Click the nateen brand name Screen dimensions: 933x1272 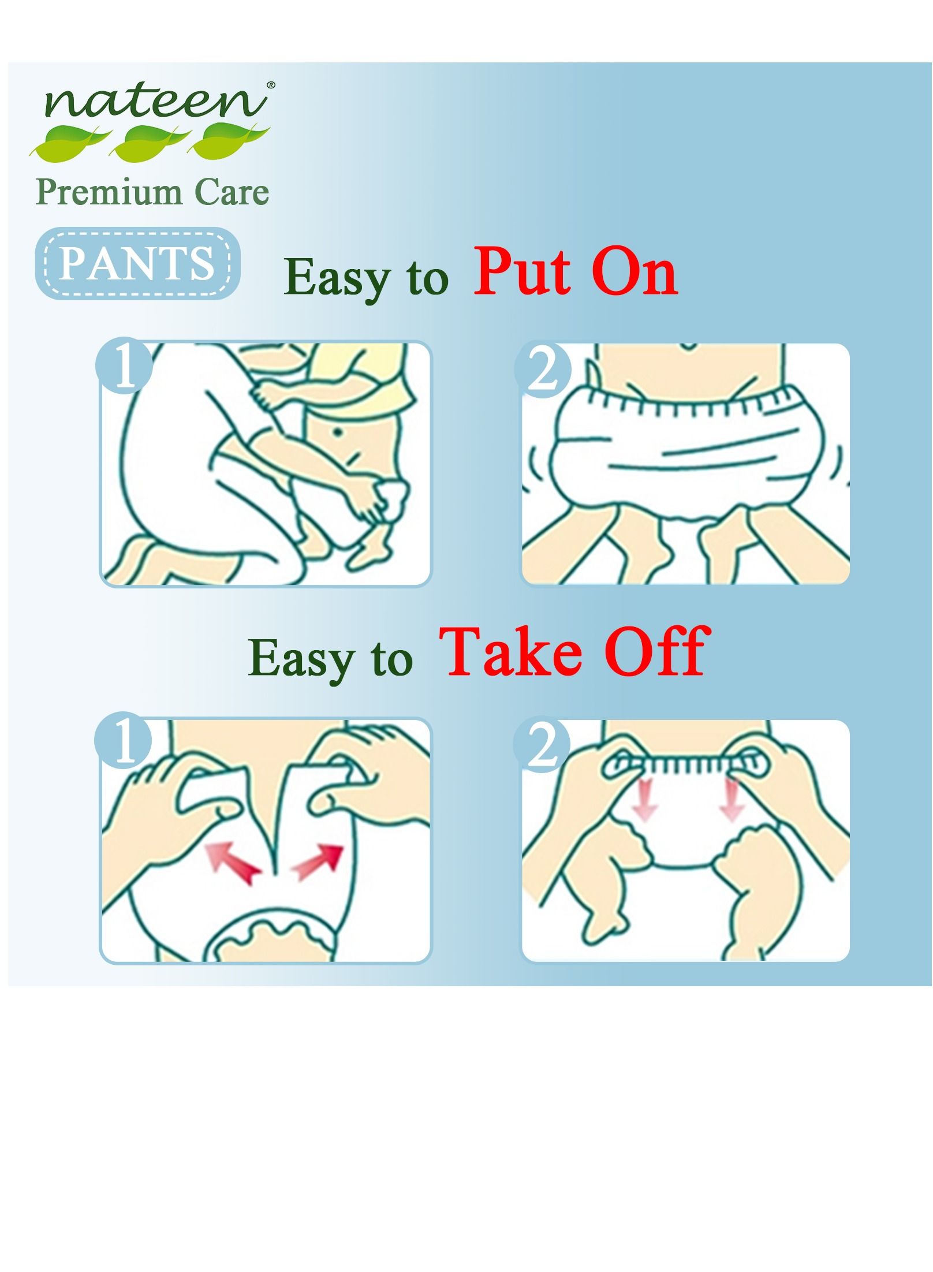coord(155,102)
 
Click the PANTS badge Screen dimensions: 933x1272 coord(138,263)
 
